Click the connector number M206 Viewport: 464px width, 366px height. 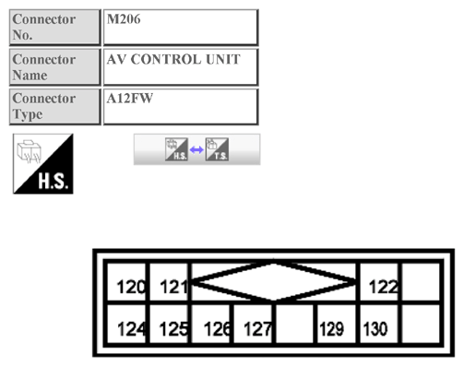(x=124, y=19)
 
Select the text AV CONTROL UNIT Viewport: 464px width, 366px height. (x=173, y=59)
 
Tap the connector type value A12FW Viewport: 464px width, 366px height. (x=130, y=99)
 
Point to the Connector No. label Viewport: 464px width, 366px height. (x=44, y=27)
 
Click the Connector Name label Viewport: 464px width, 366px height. (x=44, y=67)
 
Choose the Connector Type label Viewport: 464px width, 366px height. (x=44, y=106)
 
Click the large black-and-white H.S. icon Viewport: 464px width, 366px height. (x=43, y=164)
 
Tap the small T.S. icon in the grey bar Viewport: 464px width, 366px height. (x=217, y=149)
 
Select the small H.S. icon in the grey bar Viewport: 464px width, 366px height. (x=176, y=149)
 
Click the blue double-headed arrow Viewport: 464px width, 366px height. (x=196, y=150)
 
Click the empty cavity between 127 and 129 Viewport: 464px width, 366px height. (x=295, y=324)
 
